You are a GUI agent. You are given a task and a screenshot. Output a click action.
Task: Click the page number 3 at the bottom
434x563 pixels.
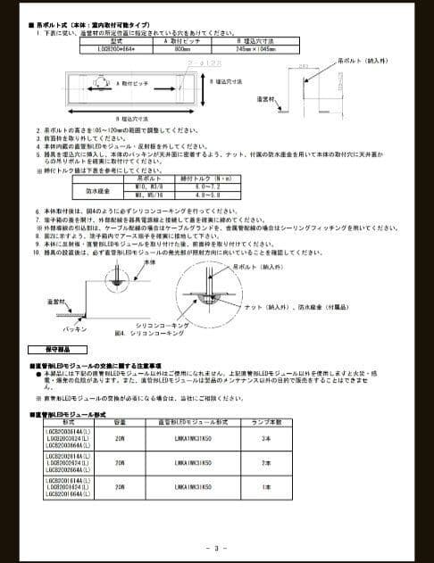[x=217, y=547]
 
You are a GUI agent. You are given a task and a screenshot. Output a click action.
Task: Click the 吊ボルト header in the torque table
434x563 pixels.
[x=146, y=178]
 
